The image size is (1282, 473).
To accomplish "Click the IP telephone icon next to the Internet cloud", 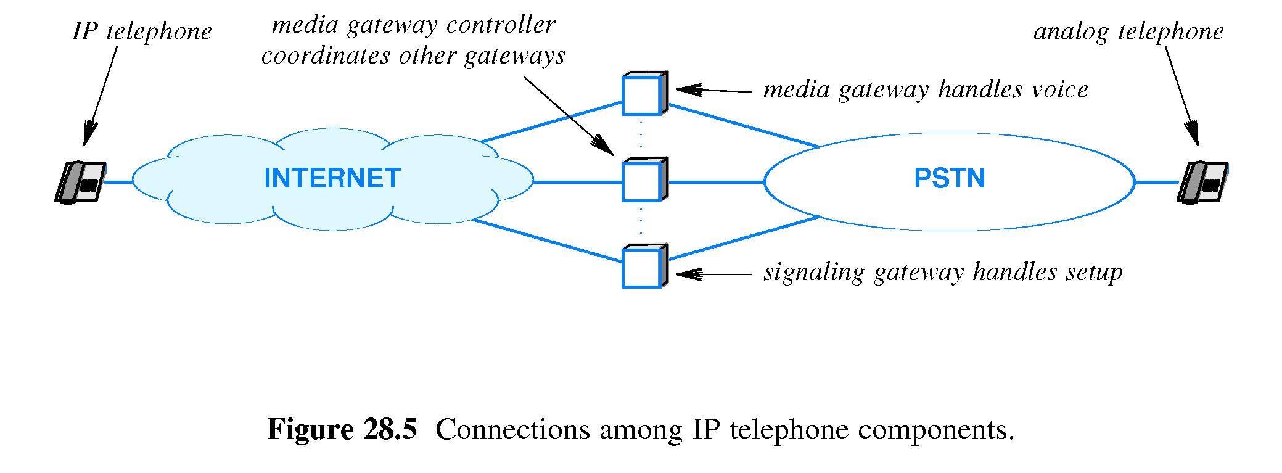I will [80, 183].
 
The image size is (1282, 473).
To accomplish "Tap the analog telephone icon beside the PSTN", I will [1202, 183].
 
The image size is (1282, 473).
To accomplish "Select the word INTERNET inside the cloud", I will [332, 179].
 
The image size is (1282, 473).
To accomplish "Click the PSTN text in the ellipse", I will [950, 179].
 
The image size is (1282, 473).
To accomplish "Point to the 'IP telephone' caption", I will [142, 31].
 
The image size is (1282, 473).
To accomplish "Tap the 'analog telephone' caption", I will [1128, 31].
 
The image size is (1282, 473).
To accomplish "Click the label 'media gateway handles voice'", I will [925, 90].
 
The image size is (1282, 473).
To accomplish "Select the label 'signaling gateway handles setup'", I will [943, 272].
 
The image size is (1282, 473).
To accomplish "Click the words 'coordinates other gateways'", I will [413, 56].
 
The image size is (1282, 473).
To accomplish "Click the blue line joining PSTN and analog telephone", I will [1157, 183].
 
